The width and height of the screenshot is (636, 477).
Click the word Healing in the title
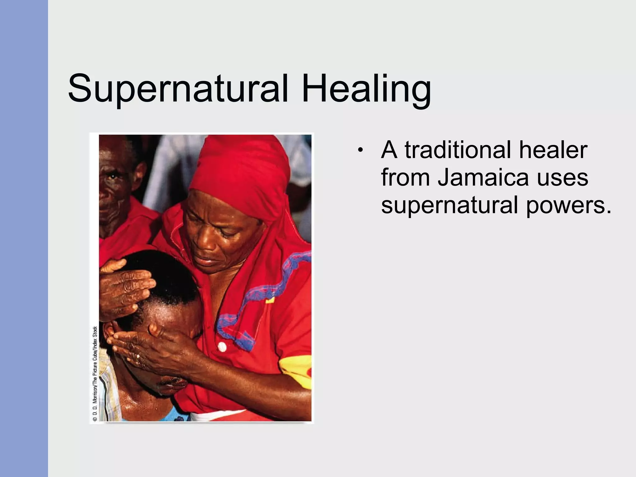point(366,89)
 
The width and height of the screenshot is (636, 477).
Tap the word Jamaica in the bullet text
point(483,178)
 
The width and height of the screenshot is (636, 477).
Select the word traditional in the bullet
point(458,150)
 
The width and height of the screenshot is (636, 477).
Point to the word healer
point(553,150)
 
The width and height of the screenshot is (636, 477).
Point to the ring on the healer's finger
point(138,357)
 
